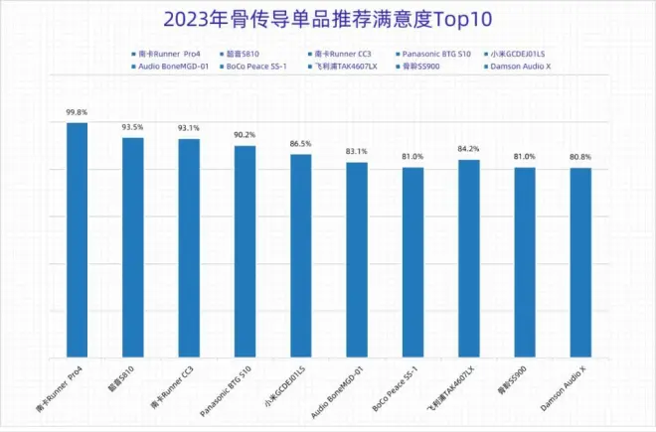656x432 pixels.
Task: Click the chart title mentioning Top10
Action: [x=328, y=19]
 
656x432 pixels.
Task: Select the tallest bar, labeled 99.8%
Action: [x=77, y=238]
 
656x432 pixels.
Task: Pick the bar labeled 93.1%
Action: [x=189, y=247]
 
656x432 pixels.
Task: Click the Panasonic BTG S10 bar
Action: [x=245, y=251]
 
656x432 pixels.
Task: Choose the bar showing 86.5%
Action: [x=301, y=255]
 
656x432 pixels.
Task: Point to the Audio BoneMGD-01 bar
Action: [x=357, y=259]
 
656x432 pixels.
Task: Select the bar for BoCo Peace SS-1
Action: [x=412, y=262]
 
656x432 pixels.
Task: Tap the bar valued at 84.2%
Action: [x=468, y=258]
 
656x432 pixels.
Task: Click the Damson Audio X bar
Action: [x=580, y=262]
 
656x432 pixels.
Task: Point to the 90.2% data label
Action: [x=244, y=136]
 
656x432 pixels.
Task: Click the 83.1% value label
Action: [x=356, y=152]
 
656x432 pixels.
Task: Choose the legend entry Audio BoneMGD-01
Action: [x=171, y=67]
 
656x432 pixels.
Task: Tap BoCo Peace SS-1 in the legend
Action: [x=255, y=67]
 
